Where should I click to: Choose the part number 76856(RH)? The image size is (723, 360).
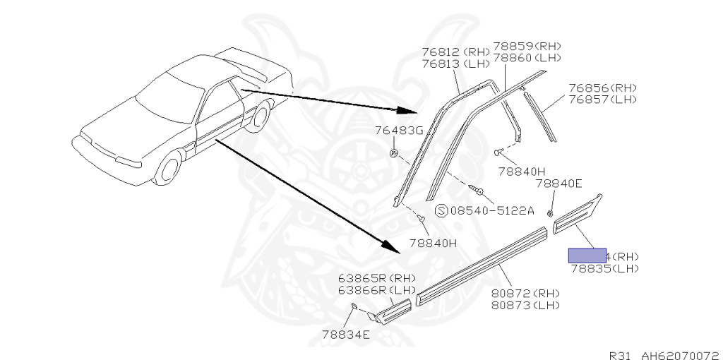tap(602, 88)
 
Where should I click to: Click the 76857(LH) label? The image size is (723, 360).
tap(602, 100)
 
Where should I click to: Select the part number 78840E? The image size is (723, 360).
tap(558, 184)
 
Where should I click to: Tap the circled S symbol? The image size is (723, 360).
tap(441, 210)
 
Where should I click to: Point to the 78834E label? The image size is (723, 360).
tap(346, 334)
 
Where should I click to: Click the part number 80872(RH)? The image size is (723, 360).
tap(526, 294)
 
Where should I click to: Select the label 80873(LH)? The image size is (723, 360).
tap(526, 305)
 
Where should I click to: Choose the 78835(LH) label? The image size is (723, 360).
tap(604, 268)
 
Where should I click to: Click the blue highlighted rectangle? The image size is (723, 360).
tap(587, 255)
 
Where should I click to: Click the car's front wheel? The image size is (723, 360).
tap(169, 169)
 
